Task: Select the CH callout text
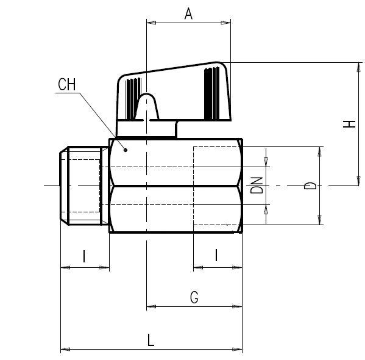pyautogui.click(x=67, y=85)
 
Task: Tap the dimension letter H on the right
pyautogui.click(x=348, y=123)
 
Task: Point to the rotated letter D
pyautogui.click(x=310, y=185)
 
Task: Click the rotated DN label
pyautogui.click(x=258, y=185)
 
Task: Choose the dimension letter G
pyautogui.click(x=194, y=298)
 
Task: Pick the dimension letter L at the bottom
pyautogui.click(x=151, y=340)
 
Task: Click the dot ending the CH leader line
pyautogui.click(x=126, y=148)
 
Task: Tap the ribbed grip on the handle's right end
pyautogui.click(x=211, y=92)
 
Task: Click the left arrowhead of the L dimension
pyautogui.click(x=64, y=350)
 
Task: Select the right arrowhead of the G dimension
pyautogui.click(x=238, y=307)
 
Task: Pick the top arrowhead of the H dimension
pyautogui.click(x=356, y=67)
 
